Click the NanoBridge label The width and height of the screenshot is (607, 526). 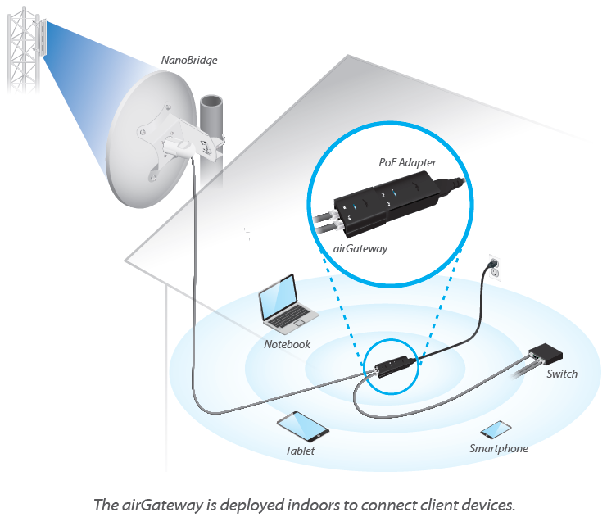(189, 60)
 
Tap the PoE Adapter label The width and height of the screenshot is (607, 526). (407, 164)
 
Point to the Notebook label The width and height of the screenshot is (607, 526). (287, 344)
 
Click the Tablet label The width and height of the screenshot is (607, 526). (300, 451)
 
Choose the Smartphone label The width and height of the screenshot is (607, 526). (498, 448)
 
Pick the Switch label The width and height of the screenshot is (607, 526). (561, 374)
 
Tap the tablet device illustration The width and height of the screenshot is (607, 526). (302, 425)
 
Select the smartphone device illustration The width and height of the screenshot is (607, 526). (496, 430)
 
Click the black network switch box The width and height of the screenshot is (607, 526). (546, 354)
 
